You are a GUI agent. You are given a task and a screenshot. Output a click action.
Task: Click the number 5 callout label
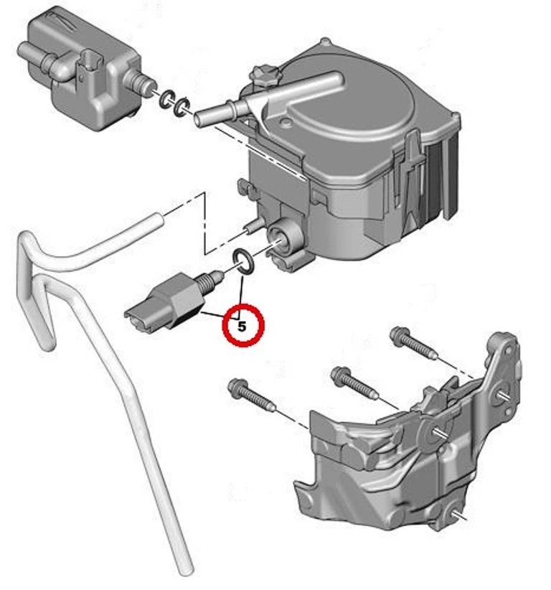pyautogui.click(x=242, y=327)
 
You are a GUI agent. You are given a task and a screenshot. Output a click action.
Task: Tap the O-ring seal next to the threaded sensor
pyautogui.click(x=243, y=261)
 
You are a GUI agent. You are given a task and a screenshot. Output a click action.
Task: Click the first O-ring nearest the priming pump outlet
pyautogui.click(x=166, y=99)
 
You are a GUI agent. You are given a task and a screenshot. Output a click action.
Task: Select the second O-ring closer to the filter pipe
pyautogui.click(x=182, y=106)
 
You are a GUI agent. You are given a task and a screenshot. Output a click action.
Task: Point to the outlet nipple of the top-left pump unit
pyautogui.click(x=142, y=83)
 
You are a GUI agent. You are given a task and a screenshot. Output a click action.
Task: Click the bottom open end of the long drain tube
pyautogui.click(x=185, y=571)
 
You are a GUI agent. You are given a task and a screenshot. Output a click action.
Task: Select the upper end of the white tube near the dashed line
pyautogui.click(x=157, y=220)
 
